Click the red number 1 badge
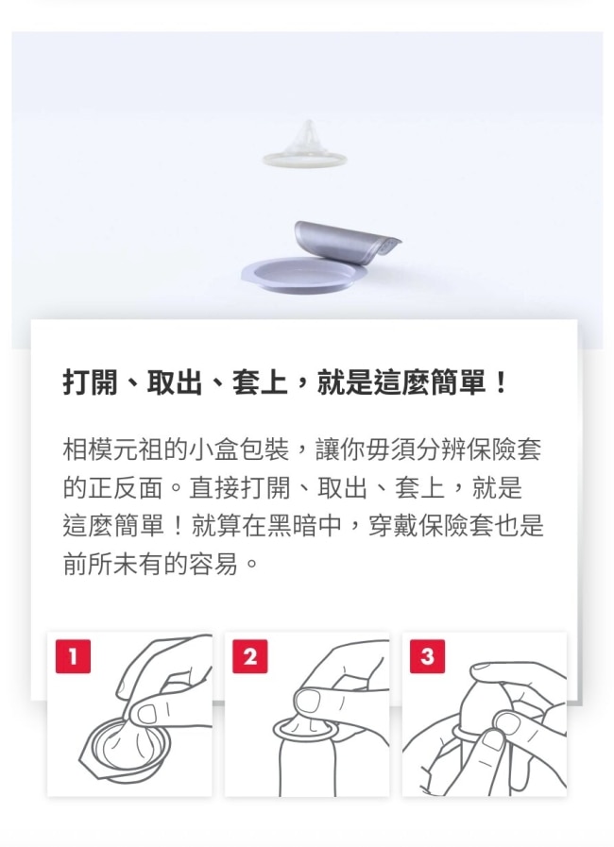pyautogui.click(x=73, y=656)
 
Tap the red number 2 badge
pyautogui.click(x=249, y=656)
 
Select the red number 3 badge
pyautogui.click(x=427, y=656)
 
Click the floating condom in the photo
pyautogui.click(x=305, y=145)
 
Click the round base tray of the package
pyautogui.click(x=298, y=275)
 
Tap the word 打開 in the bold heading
pyautogui.click(x=90, y=383)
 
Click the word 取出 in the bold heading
pyautogui.click(x=174, y=383)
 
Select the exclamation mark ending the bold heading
pyautogui.click(x=501, y=383)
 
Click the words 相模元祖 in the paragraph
pyautogui.click(x=113, y=449)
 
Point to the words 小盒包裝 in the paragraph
pyautogui.click(x=239, y=449)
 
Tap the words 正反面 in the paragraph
pyautogui.click(x=126, y=488)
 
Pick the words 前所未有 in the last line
pyautogui.click(x=113, y=564)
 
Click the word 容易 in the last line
pyautogui.click(x=213, y=564)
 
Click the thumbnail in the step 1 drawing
pyautogui.click(x=147, y=714)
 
